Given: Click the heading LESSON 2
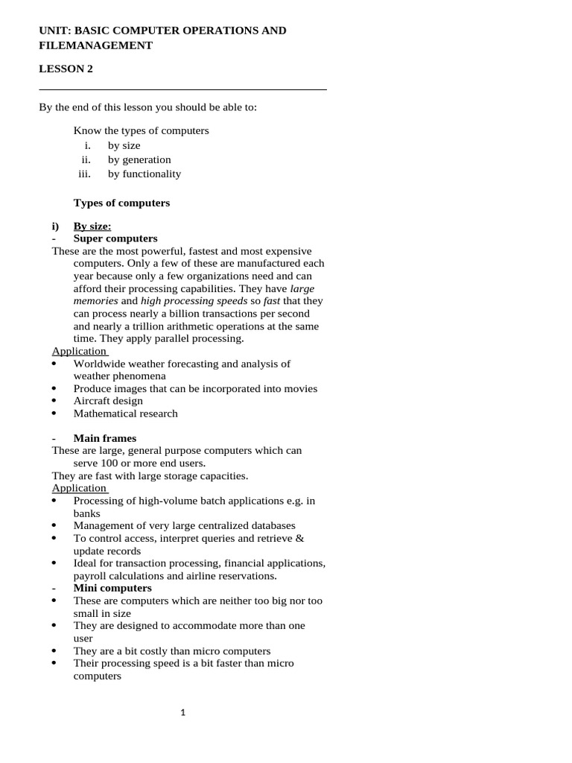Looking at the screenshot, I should point(66,69).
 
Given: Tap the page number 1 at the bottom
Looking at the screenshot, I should point(183,713).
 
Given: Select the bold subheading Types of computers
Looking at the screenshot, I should point(121,203).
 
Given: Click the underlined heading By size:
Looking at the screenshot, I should point(92,227).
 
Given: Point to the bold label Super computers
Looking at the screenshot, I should point(115,238).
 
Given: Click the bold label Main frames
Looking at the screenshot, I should point(105,438).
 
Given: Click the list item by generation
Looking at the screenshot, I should point(139,159).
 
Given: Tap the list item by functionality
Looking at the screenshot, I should point(144,174).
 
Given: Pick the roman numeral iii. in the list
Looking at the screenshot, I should point(84,174).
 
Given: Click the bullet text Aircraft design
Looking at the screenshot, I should point(108,401).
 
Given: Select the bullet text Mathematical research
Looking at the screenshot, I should point(126,414).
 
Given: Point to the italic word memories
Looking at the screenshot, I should point(95,301).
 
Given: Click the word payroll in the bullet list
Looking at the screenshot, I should point(88,576).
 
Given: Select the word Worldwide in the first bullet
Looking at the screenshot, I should point(98,364).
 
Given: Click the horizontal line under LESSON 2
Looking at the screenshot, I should point(182,89).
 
